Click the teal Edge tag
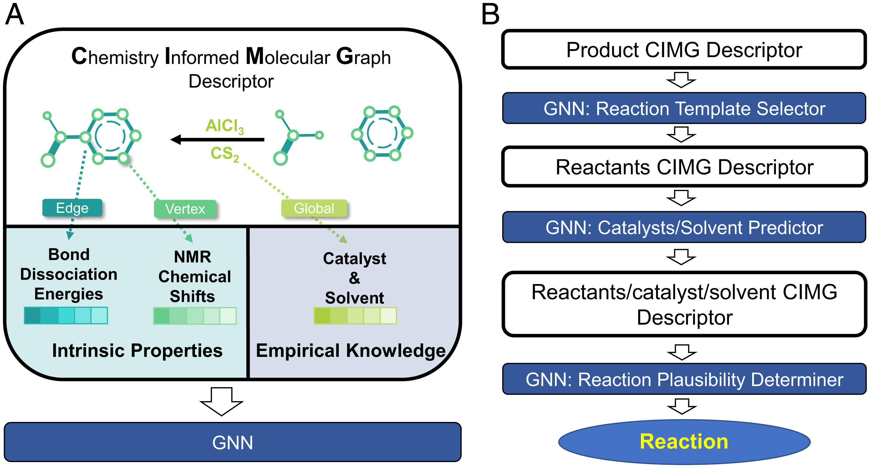(x=72, y=208)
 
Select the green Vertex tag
(x=185, y=209)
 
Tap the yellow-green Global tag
(x=314, y=208)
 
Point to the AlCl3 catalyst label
(x=225, y=126)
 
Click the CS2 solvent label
(x=225, y=154)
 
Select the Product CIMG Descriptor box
(x=684, y=50)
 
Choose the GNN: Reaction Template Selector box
(x=684, y=108)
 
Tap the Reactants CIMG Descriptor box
(x=684, y=167)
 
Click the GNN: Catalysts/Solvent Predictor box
(x=684, y=227)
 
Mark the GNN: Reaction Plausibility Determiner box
(x=684, y=379)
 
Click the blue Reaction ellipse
(x=684, y=442)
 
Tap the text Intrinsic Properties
(x=137, y=350)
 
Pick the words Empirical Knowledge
(x=351, y=350)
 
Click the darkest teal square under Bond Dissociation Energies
(x=33, y=316)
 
